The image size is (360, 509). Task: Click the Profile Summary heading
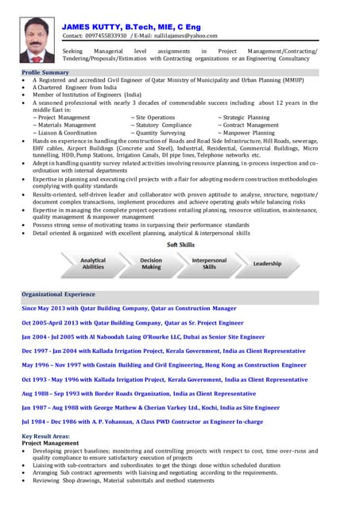pyautogui.click(x=45, y=72)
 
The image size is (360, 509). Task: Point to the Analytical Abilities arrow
pyautogui.click(x=93, y=263)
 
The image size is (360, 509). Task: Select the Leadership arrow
pyautogui.click(x=267, y=263)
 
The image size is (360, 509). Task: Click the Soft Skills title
pyautogui.click(x=180, y=245)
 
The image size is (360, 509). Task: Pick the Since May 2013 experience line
pyautogui.click(x=129, y=308)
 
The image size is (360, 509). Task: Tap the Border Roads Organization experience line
pyautogui.click(x=138, y=393)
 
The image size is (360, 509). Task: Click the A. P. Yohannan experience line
pyautogui.click(x=141, y=422)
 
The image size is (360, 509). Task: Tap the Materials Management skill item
pyautogui.click(x=66, y=125)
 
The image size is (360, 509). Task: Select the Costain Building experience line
pyautogui.click(x=164, y=364)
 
